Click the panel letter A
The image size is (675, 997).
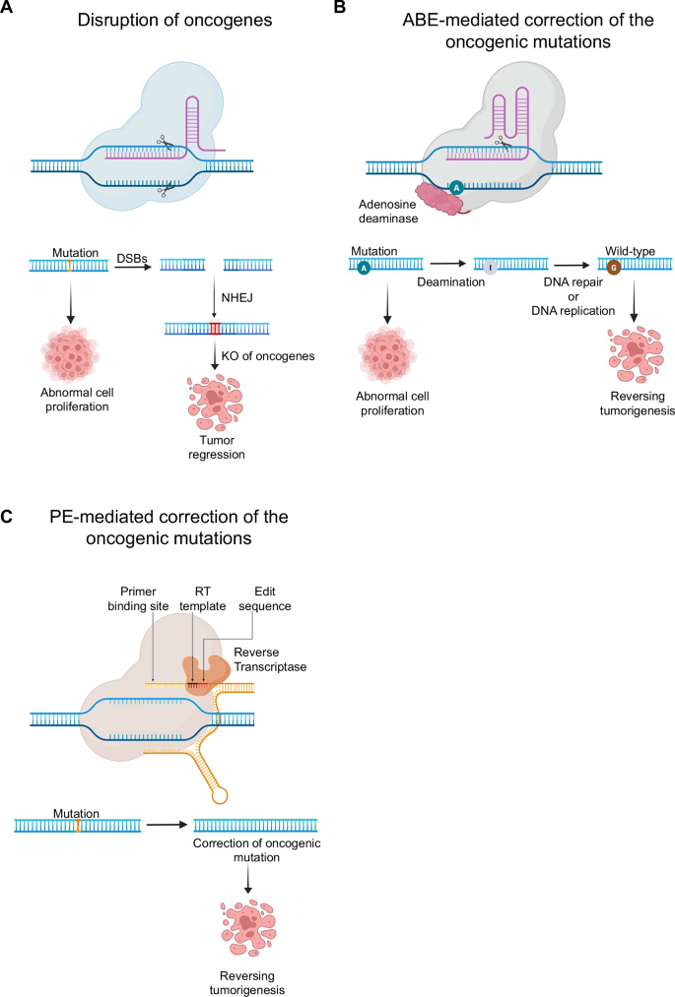click(x=8, y=8)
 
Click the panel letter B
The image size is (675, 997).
click(x=340, y=8)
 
